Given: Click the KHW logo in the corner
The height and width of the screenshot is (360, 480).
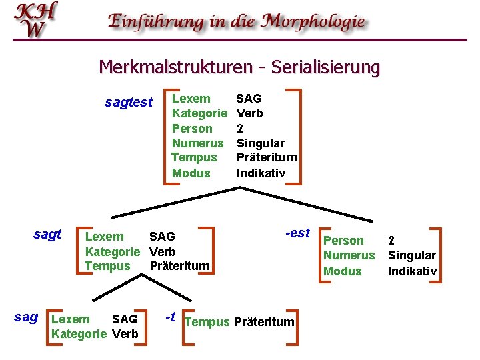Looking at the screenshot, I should [35, 19].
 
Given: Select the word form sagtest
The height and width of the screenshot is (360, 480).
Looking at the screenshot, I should [129, 103].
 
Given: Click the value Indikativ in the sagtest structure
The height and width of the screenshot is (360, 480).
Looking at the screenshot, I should [261, 173].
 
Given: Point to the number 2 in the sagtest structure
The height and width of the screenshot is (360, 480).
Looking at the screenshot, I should [240, 129].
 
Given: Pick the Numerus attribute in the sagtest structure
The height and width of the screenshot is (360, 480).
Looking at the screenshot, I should [197, 143].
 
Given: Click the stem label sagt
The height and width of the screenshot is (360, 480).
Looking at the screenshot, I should [47, 234].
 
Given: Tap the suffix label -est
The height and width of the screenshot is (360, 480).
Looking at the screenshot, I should [298, 233].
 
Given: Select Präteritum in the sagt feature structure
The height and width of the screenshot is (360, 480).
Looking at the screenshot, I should [179, 267].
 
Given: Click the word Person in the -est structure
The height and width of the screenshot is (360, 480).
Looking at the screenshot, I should [343, 241].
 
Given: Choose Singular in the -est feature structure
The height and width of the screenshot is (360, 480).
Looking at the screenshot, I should [412, 255].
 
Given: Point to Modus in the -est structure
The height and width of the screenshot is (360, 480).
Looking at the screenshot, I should [342, 271].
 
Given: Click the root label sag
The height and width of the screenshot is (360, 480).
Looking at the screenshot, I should [26, 317].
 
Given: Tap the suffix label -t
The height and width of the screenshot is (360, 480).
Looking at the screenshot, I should [171, 317].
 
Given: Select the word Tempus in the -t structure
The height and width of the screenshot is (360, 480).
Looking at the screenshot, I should [207, 323].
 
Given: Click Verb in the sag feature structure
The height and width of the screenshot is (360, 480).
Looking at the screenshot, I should [125, 334].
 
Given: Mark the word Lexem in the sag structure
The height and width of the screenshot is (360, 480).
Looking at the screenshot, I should [71, 319].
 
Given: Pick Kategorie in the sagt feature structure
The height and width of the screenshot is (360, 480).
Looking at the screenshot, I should [113, 252].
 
